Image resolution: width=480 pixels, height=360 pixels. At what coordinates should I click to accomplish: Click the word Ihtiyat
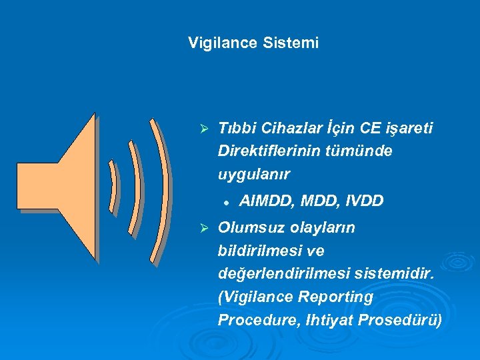coord(329,320)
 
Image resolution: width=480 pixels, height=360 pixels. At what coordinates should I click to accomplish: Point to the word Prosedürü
coord(401,320)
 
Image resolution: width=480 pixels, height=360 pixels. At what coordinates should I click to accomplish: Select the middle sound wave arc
coord(135,180)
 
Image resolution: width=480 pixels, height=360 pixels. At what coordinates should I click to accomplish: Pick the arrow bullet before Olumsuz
coord(205,229)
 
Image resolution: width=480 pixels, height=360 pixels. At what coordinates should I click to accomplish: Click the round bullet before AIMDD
coord(227,201)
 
